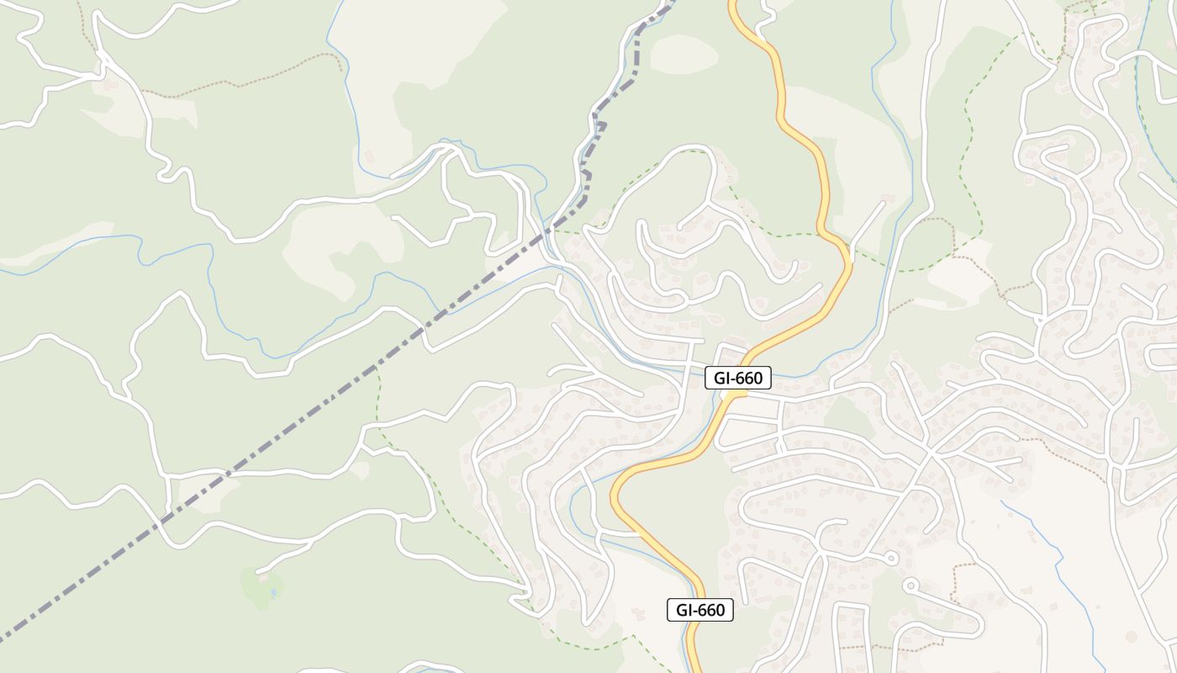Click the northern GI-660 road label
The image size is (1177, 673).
click(x=738, y=379)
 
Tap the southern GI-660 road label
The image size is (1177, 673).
click(x=700, y=610)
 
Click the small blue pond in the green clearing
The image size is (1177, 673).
click(x=273, y=593)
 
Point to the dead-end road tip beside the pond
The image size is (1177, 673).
click(x=258, y=573)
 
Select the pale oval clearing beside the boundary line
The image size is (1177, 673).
click(x=684, y=52)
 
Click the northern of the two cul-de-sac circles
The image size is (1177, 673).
click(x=891, y=557)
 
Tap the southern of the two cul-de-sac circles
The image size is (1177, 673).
click(x=909, y=585)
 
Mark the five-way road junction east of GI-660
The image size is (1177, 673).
click(x=930, y=454)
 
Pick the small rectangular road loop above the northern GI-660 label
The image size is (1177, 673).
click(x=732, y=354)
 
